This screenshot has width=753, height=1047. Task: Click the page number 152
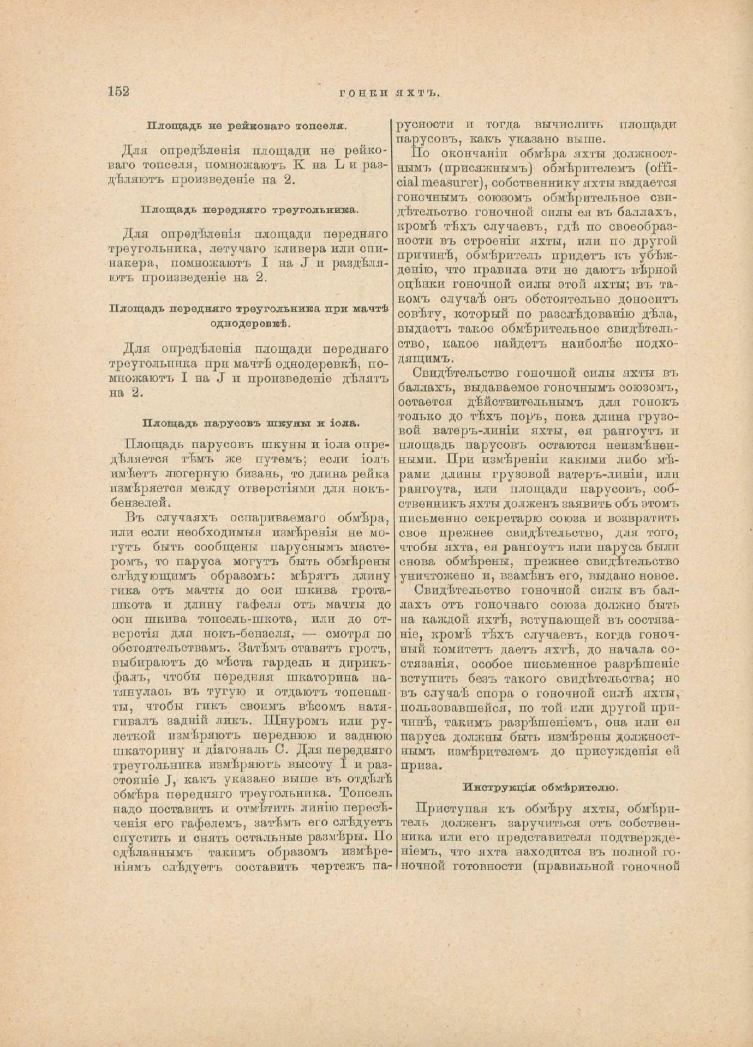tap(119, 91)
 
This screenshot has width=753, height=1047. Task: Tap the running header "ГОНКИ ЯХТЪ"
tap(389, 93)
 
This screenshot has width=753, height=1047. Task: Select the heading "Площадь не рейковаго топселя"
tap(247, 126)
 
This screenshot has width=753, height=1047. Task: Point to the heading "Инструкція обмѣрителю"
tap(540, 787)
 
